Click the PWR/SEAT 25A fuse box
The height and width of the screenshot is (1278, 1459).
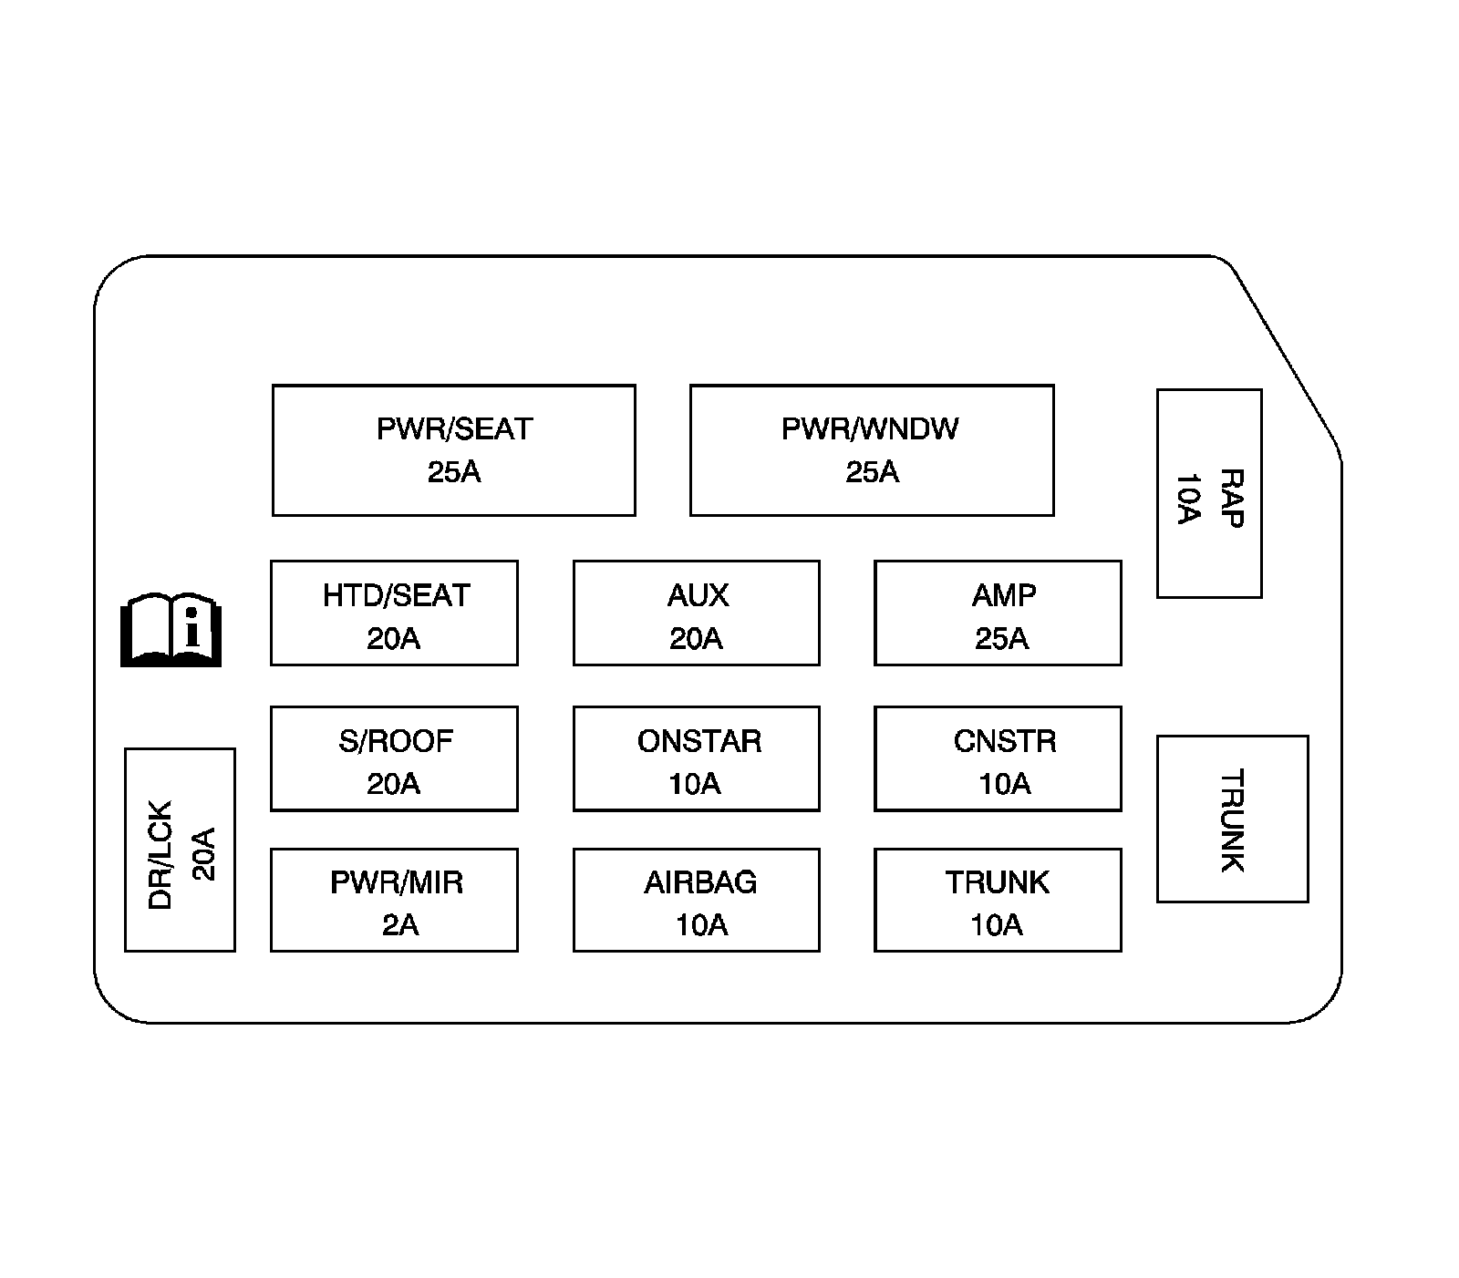coord(453,450)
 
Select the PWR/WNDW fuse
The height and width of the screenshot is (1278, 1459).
coord(872,450)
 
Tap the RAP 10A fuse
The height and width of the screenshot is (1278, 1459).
coord(1209,494)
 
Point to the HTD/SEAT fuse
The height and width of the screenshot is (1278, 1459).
coord(394,613)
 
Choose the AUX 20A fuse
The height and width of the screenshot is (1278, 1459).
coord(697,613)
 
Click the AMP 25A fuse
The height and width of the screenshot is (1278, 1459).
coord(998,613)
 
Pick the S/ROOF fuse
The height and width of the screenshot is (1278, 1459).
coord(394,759)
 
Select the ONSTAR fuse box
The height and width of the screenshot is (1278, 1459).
coord(697,759)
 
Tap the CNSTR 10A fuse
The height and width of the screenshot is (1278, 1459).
coord(998,759)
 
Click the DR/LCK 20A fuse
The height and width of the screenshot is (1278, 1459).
coord(180,850)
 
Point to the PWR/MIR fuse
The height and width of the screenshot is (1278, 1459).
coord(394,901)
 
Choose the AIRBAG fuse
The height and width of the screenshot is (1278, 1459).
coord(697,901)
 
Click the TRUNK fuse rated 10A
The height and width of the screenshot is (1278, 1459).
coord(998,901)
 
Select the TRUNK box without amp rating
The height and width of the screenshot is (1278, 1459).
coord(1232,819)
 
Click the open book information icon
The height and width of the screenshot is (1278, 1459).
coord(171,630)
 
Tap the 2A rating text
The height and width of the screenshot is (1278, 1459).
coord(399,925)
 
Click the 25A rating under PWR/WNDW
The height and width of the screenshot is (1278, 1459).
coord(872,472)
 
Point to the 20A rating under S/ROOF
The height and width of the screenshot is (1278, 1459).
coord(393,784)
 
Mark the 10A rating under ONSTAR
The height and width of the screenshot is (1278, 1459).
coord(695,784)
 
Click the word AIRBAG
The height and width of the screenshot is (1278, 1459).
coord(700,882)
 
